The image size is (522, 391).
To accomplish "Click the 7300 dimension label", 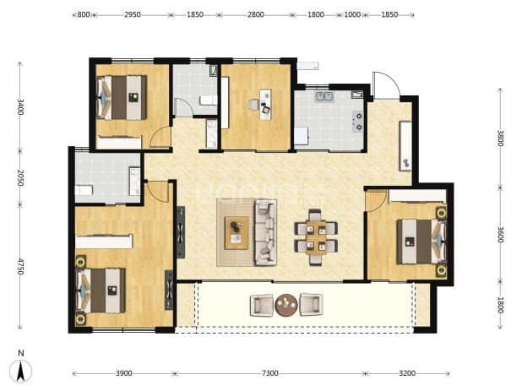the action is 269,373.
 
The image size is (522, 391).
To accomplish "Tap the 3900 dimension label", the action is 124,373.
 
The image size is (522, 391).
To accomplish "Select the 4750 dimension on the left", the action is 20,267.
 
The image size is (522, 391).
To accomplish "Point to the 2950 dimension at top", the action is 132,14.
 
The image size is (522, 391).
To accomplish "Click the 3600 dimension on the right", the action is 500,235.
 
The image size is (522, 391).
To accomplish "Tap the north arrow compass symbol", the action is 20,371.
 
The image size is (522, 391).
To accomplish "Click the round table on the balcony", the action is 286,305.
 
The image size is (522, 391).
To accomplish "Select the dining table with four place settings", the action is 316,237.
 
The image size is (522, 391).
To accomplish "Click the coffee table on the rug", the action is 237,232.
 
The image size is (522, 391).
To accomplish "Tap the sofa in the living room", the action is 266,232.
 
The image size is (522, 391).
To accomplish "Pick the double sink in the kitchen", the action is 324,96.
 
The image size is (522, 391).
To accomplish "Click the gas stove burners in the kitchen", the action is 359,122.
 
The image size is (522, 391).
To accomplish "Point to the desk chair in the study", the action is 253,105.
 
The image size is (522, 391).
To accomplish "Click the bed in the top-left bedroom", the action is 122,97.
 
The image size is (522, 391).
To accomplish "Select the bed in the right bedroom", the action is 421,242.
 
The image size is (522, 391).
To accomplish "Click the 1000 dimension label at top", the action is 352,14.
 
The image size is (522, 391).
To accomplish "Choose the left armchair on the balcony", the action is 262,305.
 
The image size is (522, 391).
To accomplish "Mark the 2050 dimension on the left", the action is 20,177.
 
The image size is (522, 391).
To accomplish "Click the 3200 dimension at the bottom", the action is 407,373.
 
